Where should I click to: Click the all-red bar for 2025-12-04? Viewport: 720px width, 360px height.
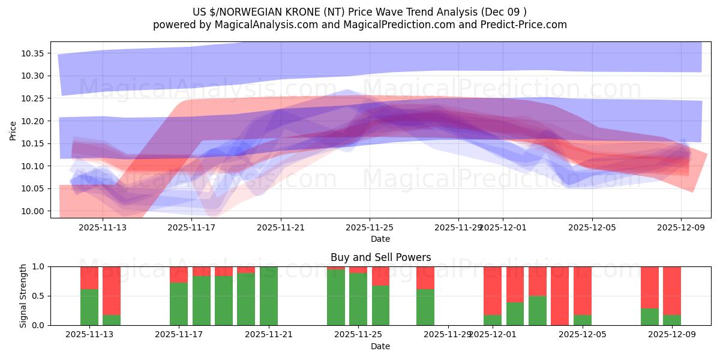(x=560, y=296)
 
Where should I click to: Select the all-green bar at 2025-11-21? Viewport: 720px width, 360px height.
(x=269, y=296)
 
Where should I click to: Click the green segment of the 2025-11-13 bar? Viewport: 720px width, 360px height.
(x=89, y=307)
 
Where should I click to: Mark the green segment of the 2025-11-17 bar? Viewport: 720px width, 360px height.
(x=179, y=304)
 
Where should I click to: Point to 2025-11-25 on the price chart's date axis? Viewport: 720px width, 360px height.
(x=370, y=227)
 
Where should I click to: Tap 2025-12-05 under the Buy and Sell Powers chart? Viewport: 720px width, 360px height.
(x=583, y=334)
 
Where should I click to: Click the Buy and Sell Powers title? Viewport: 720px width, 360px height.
(x=380, y=257)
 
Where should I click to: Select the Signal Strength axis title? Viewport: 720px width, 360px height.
(x=23, y=296)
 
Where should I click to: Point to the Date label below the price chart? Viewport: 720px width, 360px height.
(x=380, y=239)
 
